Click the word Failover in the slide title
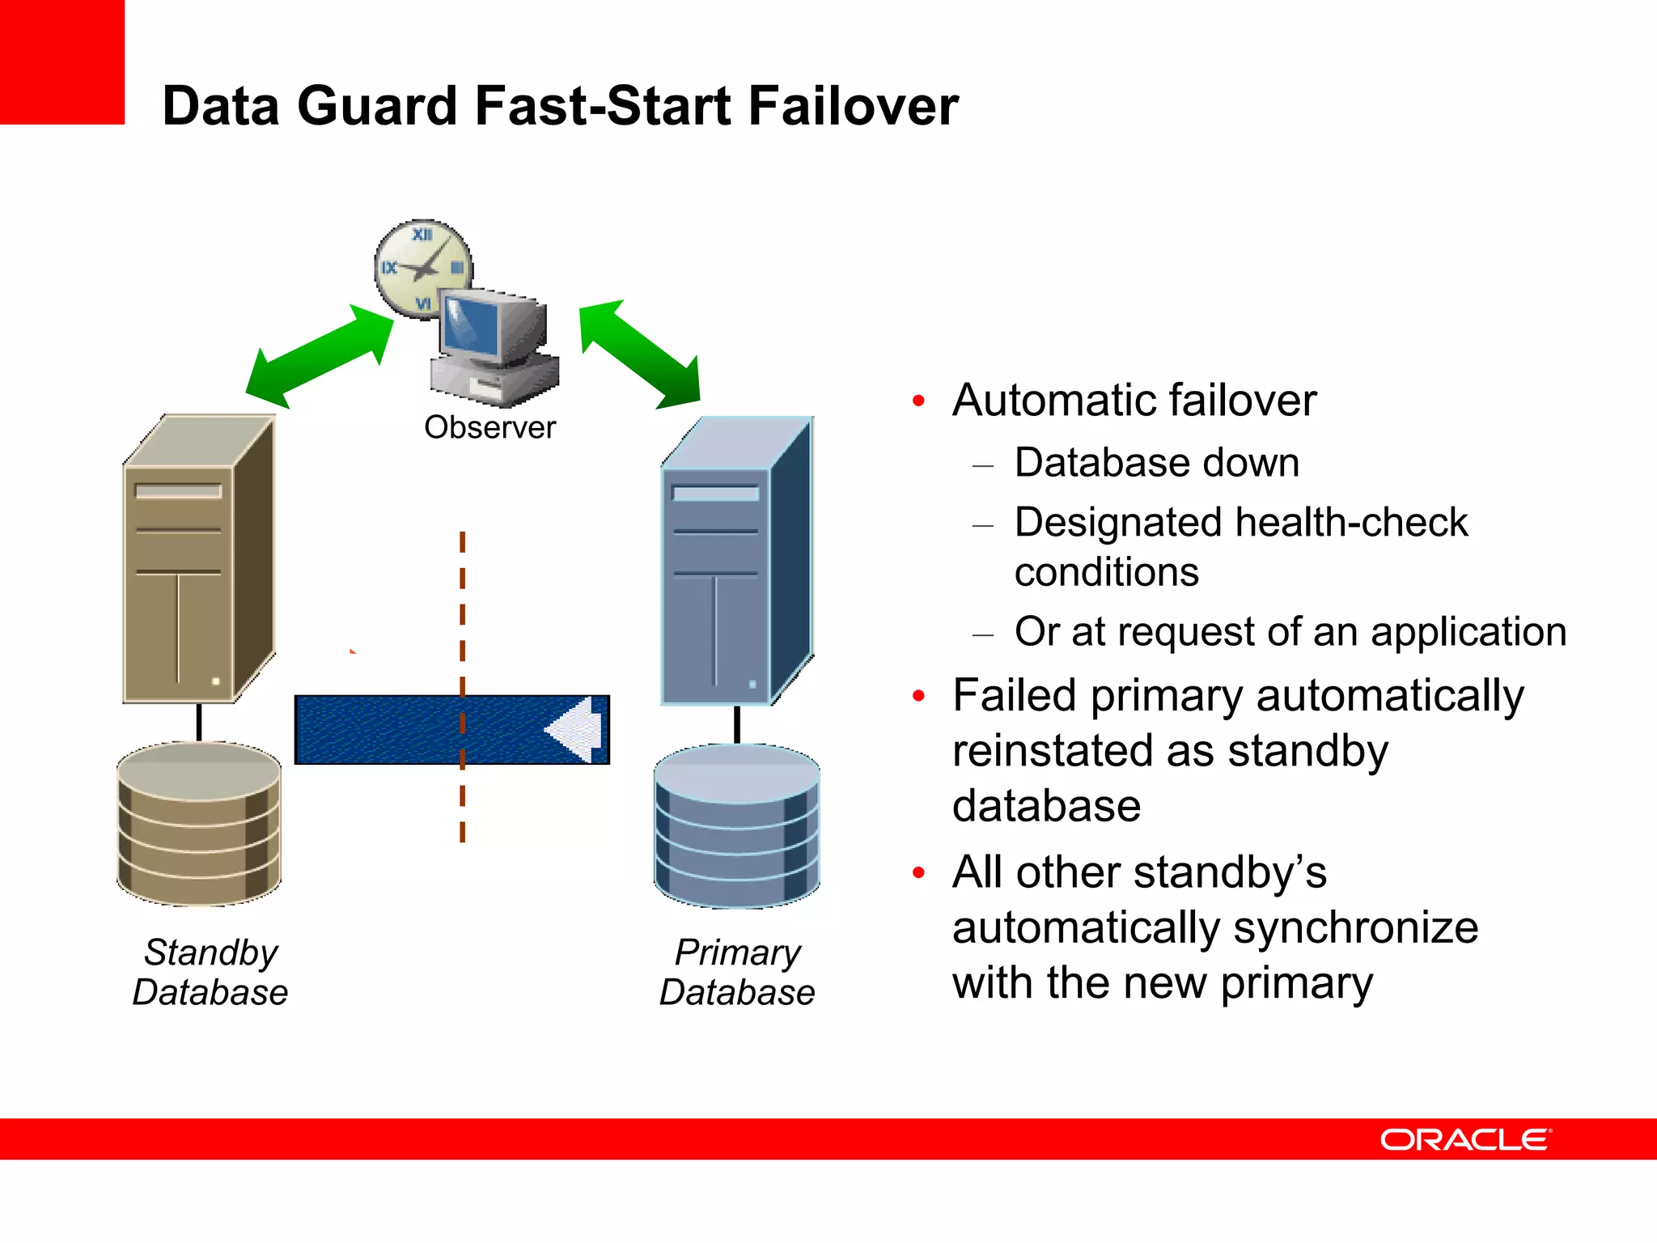coord(853,106)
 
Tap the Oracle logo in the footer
coord(1464,1139)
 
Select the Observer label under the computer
coord(489,427)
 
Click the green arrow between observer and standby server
coord(320,357)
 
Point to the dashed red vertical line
coord(462,615)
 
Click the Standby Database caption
coord(210,972)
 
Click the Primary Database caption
coord(737,972)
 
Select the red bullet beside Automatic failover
coord(918,401)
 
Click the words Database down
coord(1156,463)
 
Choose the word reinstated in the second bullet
coord(1056,750)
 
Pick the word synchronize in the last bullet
coord(1350,927)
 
